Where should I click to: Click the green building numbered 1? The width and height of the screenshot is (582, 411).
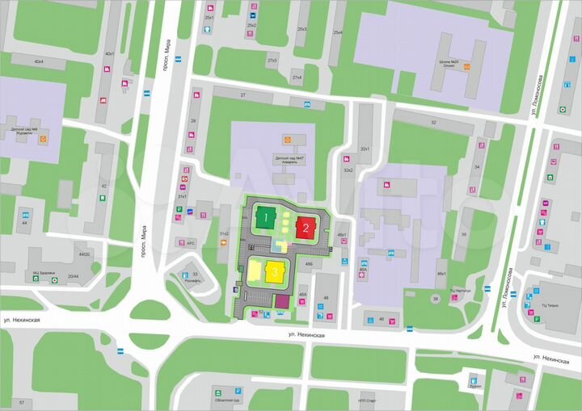[265, 216]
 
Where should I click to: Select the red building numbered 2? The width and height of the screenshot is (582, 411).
[305, 227]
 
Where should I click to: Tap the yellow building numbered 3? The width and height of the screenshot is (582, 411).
[275, 271]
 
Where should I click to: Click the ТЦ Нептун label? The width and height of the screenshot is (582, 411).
[463, 288]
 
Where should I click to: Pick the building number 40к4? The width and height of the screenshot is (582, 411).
[38, 61]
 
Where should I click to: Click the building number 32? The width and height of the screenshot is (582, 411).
[433, 122]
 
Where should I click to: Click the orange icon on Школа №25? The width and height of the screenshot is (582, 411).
[467, 68]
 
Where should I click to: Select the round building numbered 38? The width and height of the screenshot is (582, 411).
[435, 299]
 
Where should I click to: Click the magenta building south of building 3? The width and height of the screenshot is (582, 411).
[281, 302]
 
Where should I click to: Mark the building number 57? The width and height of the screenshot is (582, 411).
[22, 401]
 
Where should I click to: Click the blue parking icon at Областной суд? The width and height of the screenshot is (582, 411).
[238, 392]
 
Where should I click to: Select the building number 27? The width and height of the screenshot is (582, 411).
[243, 95]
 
